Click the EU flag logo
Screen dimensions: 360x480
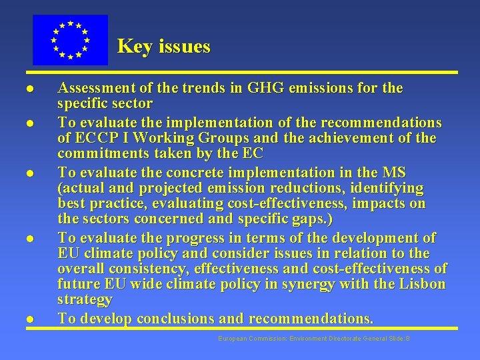tap(70, 40)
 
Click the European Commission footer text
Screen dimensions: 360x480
tap(313, 339)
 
